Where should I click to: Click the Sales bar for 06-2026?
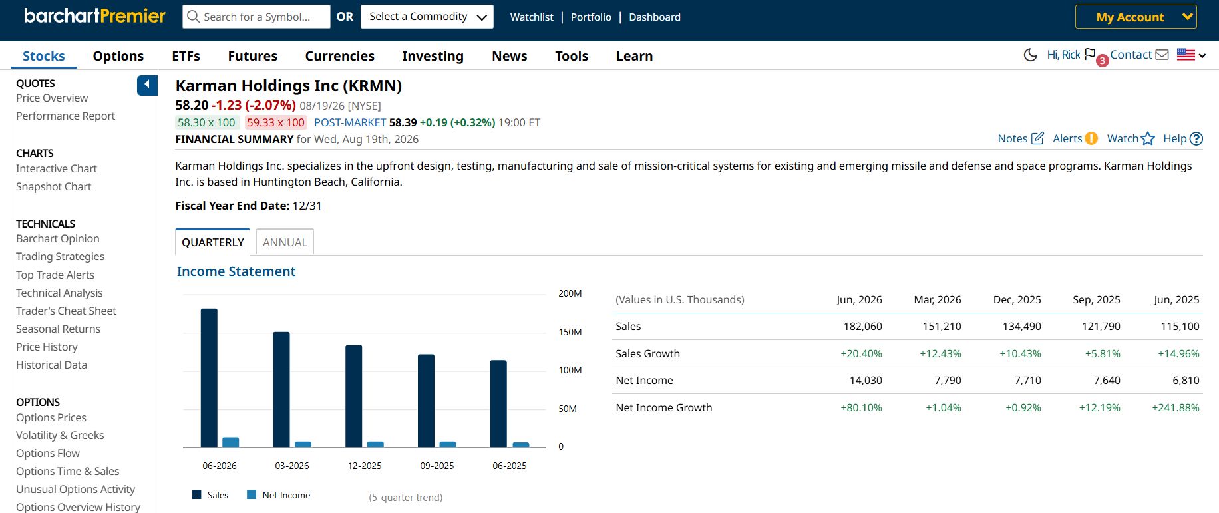click(209, 378)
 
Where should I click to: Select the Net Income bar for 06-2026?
click(230, 442)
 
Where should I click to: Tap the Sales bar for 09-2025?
click(426, 401)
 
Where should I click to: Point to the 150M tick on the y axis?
click(570, 332)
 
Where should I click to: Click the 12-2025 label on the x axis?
click(365, 466)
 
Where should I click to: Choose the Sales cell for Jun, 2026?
click(862, 326)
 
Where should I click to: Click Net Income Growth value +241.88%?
click(1175, 407)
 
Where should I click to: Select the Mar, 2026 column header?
click(937, 299)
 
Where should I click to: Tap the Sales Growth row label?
click(647, 353)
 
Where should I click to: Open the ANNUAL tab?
click(285, 242)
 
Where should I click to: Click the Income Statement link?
click(236, 271)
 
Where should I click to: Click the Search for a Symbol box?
click(256, 17)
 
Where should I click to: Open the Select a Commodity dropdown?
click(427, 17)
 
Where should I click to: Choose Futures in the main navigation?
click(252, 56)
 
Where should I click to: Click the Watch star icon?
click(1148, 138)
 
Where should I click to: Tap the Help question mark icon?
click(1196, 138)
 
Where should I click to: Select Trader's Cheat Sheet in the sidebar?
click(66, 311)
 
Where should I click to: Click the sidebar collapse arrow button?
click(147, 85)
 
